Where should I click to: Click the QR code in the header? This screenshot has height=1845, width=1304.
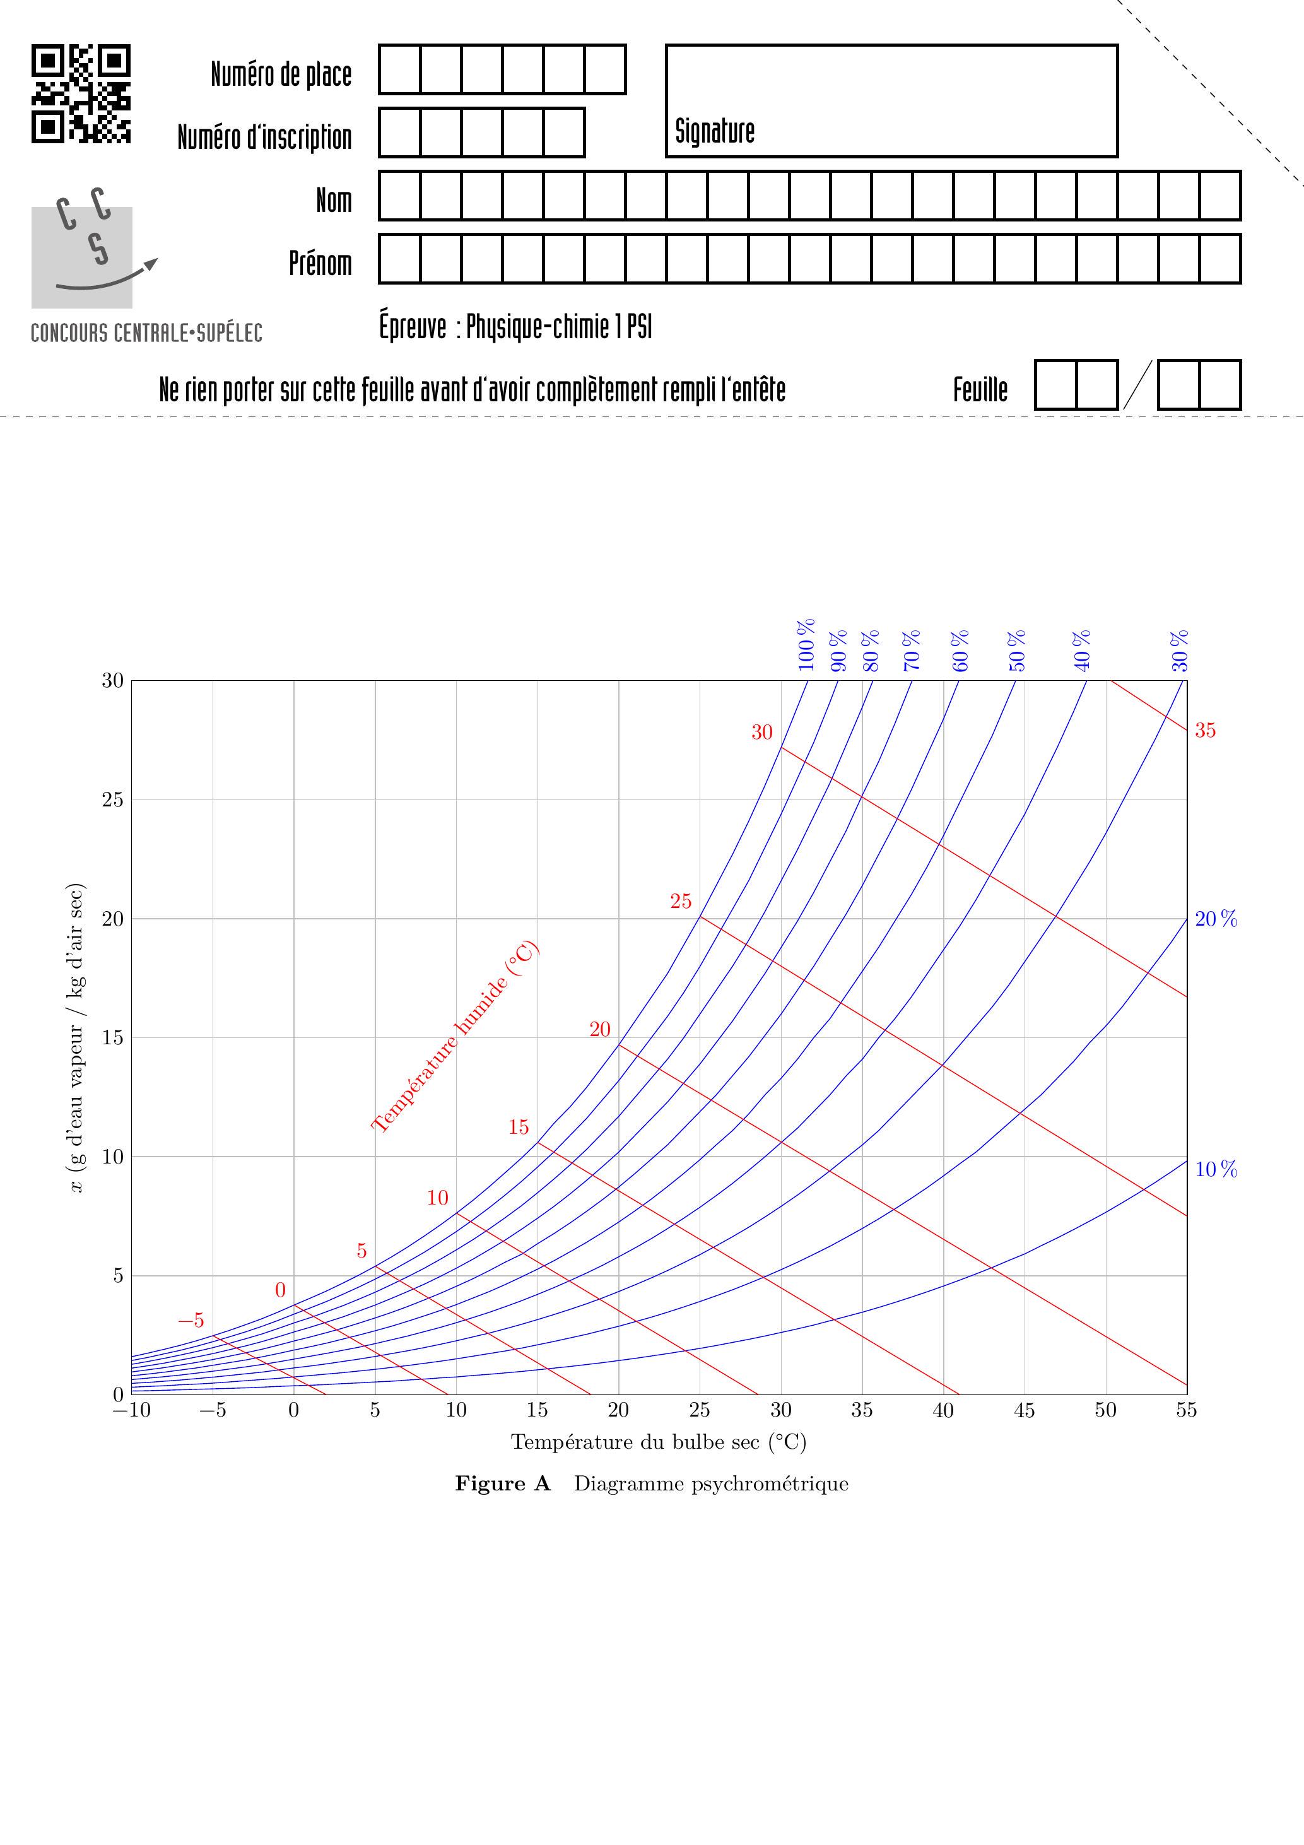pyautogui.click(x=81, y=94)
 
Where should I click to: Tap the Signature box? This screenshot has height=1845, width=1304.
pyautogui.click(x=891, y=100)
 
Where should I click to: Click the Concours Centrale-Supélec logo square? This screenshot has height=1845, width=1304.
pyautogui.click(x=82, y=257)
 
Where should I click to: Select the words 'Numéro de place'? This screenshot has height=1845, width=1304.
pyautogui.click(x=281, y=74)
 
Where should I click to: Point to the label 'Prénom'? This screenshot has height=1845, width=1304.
pyautogui.click(x=320, y=262)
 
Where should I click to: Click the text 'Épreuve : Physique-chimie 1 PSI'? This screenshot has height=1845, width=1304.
pyautogui.click(x=515, y=327)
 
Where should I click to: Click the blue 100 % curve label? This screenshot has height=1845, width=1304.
pyautogui.click(x=807, y=644)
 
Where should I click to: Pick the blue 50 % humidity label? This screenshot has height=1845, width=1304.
pyautogui.click(x=1017, y=650)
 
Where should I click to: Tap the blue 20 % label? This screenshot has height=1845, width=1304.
pyautogui.click(x=1216, y=919)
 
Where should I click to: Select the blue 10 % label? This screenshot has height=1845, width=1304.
pyautogui.click(x=1216, y=1170)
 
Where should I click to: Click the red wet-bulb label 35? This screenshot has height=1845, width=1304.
pyautogui.click(x=1204, y=731)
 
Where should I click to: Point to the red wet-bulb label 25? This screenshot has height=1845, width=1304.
pyautogui.click(x=681, y=902)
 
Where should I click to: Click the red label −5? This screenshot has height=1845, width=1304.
pyautogui.click(x=191, y=1320)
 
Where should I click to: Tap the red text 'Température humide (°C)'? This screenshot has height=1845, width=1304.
pyautogui.click(x=455, y=1037)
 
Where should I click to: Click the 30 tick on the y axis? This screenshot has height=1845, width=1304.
pyautogui.click(x=112, y=681)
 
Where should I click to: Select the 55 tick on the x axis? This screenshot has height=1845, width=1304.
pyautogui.click(x=1186, y=1410)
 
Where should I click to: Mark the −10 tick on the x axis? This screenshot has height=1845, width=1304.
pyautogui.click(x=131, y=1410)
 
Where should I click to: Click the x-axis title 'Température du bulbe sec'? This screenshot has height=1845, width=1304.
pyautogui.click(x=658, y=1442)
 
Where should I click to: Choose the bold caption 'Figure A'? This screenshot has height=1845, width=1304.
pyautogui.click(x=503, y=1483)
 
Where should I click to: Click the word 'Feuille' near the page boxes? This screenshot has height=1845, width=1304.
pyautogui.click(x=980, y=390)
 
